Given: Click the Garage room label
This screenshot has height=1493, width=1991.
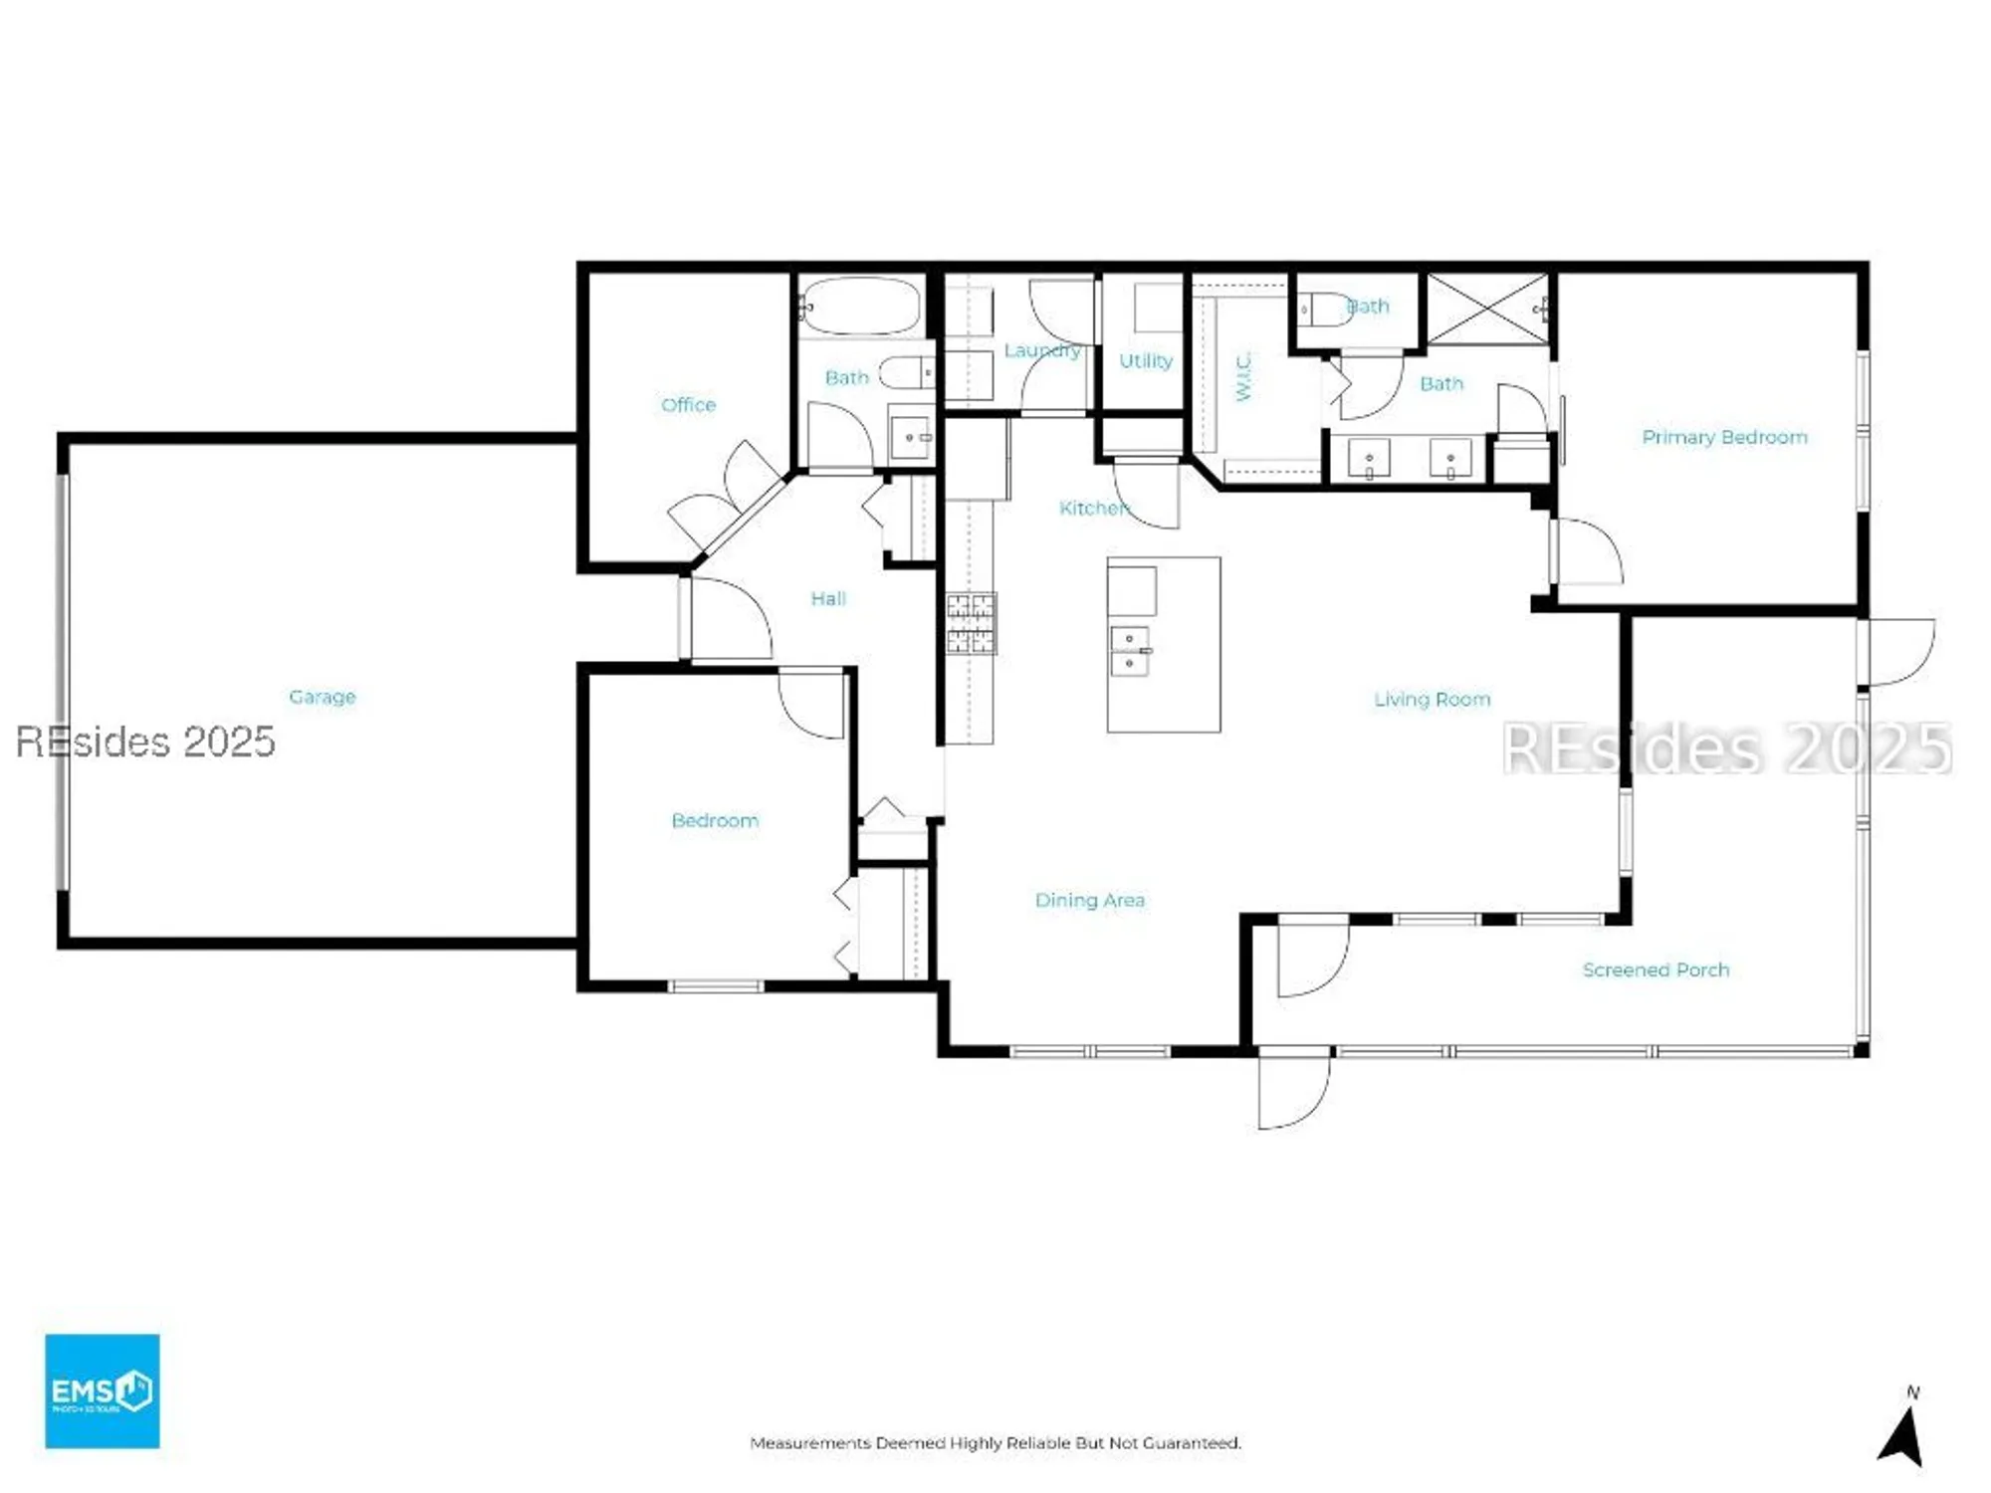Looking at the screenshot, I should (322, 697).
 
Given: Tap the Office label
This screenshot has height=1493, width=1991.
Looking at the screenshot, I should (688, 404).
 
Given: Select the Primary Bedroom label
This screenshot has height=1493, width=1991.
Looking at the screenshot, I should (1724, 437).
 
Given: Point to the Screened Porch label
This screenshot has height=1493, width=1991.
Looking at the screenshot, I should (1656, 969).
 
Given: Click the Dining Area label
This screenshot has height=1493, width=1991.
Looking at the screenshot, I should (1089, 900).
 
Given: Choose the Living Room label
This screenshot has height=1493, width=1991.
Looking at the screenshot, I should (1432, 700).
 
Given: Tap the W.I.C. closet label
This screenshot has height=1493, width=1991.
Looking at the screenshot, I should (1243, 376).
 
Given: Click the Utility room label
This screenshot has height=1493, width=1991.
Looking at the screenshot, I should (1145, 360).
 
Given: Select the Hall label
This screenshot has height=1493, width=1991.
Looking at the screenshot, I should (827, 598).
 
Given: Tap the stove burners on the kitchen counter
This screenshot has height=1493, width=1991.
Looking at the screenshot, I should (970, 623).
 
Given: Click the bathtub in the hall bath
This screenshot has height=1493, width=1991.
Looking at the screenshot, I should (861, 305).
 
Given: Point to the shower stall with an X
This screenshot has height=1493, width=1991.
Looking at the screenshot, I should (1487, 309).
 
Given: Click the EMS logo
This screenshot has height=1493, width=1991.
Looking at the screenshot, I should (102, 1390).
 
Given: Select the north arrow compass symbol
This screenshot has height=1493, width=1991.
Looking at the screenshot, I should (1903, 1433).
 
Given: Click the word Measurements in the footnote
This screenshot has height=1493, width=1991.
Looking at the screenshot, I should (810, 1442).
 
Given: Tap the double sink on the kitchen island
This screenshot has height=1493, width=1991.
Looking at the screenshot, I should (1130, 651).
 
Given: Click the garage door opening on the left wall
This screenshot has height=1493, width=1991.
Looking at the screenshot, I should (62, 682).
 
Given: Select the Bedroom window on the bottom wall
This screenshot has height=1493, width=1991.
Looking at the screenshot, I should (715, 986).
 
